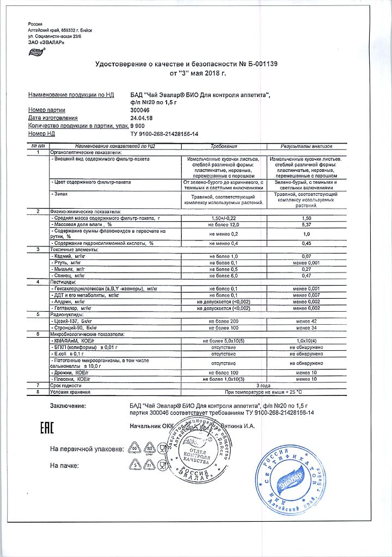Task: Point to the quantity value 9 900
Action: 138,126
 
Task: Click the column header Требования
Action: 224,147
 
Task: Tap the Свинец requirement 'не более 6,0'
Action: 224,276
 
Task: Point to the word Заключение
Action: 68,406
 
